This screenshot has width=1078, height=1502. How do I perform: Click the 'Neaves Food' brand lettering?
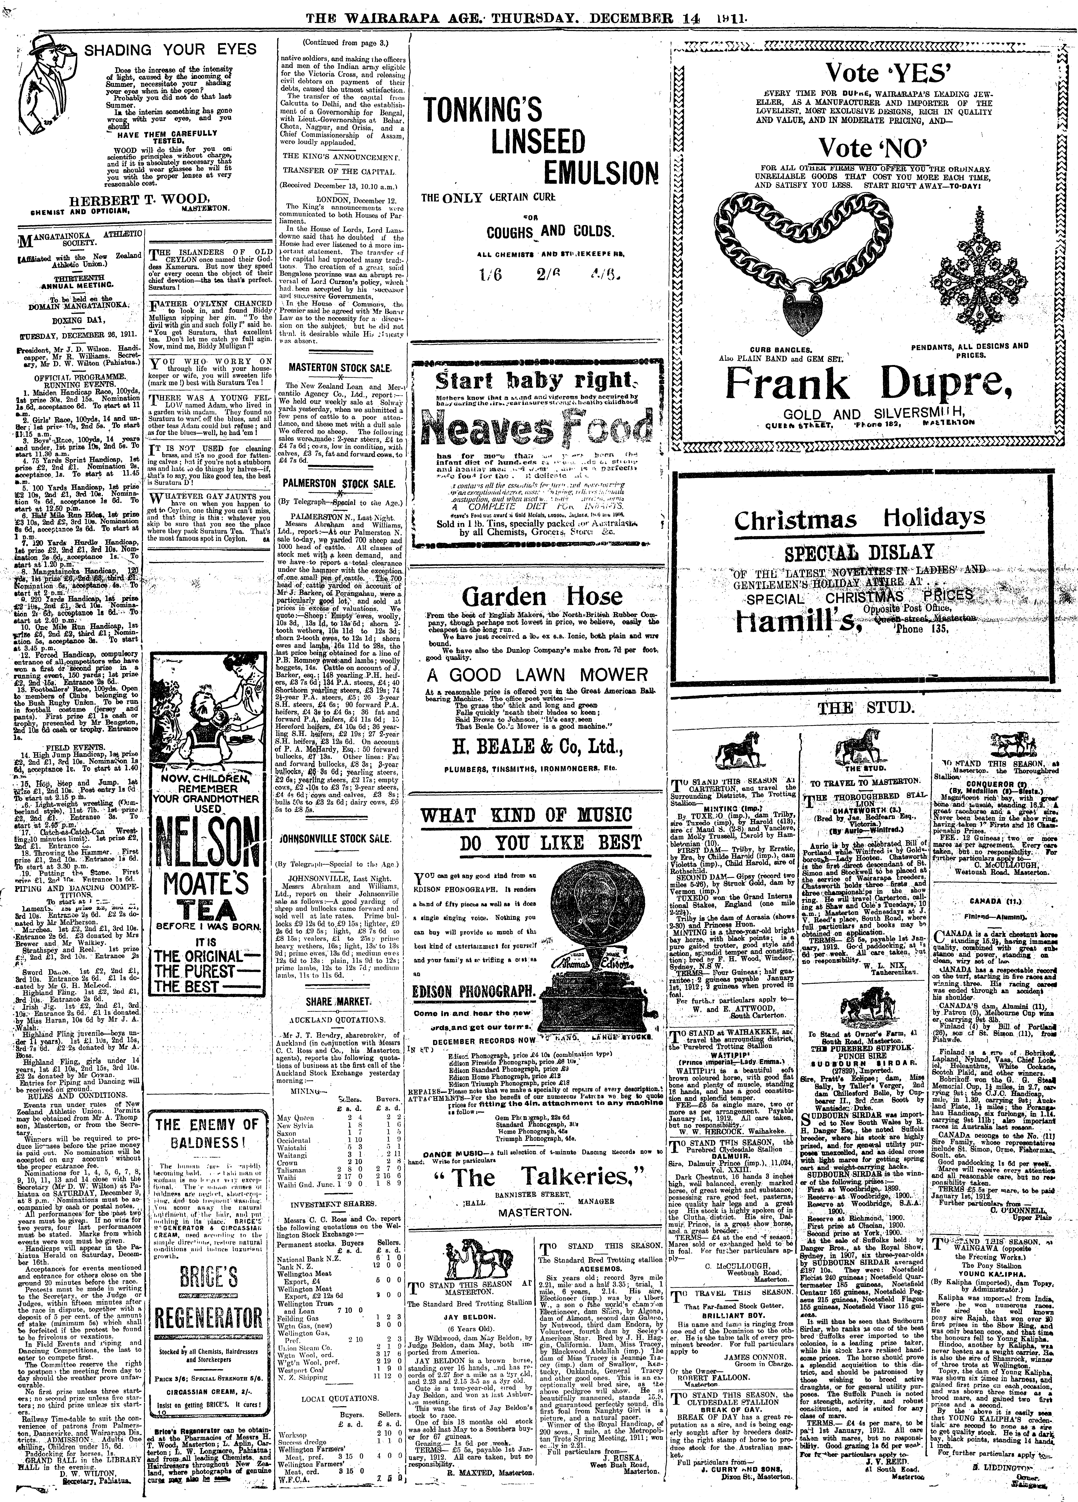pyautogui.click(x=535, y=428)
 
